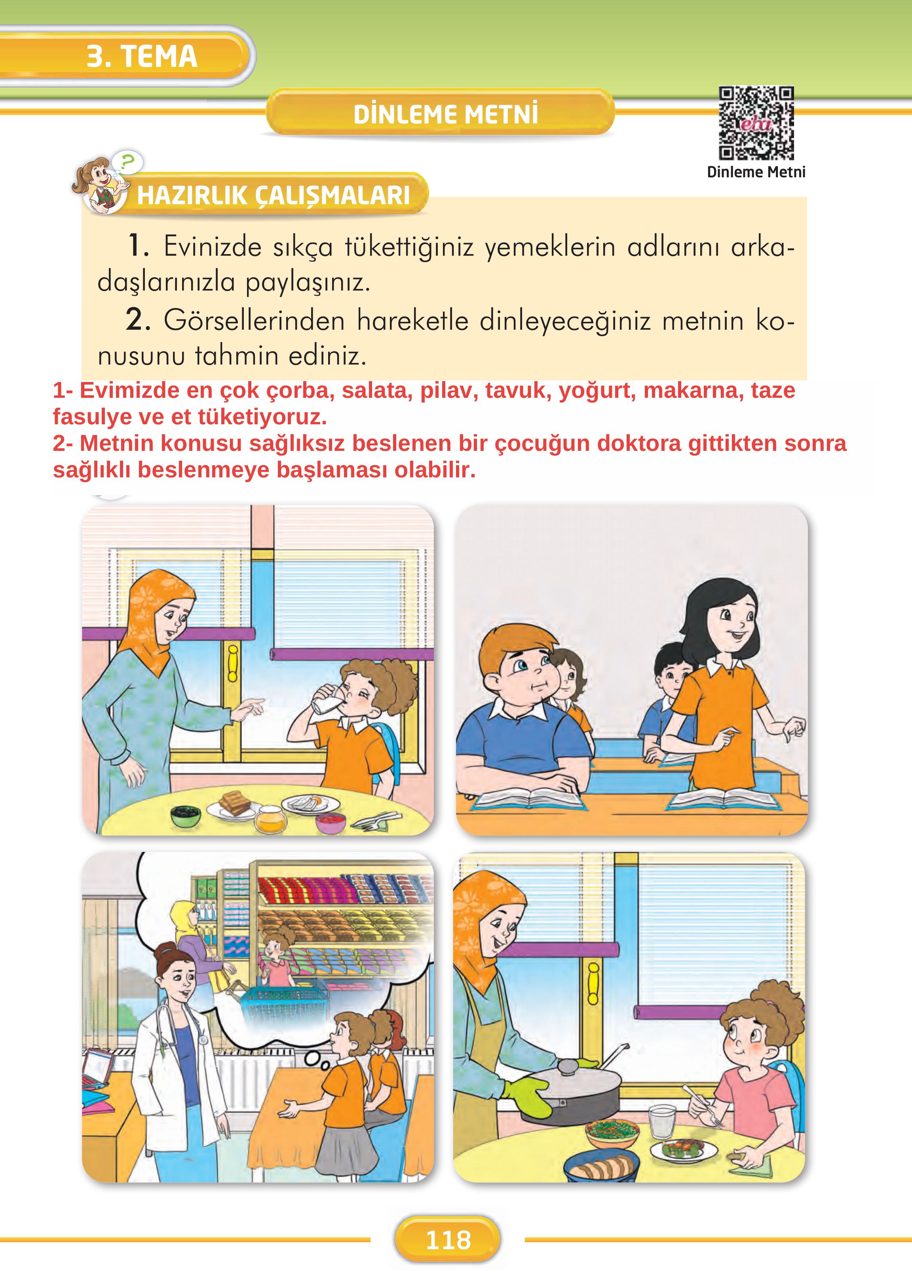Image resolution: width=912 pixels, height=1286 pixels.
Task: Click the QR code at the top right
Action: click(x=756, y=123)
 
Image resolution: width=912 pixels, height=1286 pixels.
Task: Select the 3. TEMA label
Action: click(x=142, y=56)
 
